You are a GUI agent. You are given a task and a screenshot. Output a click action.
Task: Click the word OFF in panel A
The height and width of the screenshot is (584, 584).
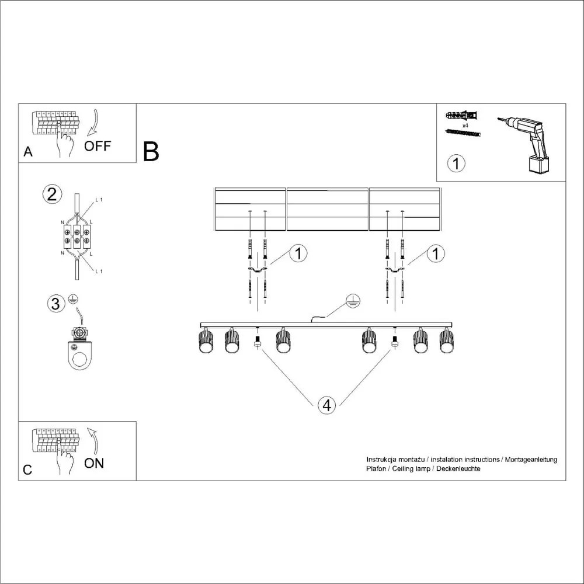(x=97, y=146)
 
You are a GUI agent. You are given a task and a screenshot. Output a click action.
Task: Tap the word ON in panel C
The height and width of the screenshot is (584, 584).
(x=94, y=463)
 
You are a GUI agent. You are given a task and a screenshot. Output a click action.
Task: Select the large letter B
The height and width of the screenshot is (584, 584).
(x=151, y=152)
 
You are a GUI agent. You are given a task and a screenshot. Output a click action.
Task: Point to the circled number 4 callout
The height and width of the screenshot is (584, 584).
(x=327, y=405)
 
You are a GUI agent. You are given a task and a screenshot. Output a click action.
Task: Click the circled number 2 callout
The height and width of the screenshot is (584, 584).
(x=52, y=194)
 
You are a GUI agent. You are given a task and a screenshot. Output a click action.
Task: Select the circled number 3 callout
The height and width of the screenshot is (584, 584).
(x=55, y=304)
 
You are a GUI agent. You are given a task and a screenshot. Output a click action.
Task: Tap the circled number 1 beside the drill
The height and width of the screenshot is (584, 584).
(x=456, y=163)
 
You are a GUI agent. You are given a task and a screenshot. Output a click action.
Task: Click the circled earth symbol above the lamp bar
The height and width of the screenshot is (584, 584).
(x=352, y=301)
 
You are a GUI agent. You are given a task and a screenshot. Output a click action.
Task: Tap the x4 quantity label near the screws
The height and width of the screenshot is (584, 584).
(x=466, y=126)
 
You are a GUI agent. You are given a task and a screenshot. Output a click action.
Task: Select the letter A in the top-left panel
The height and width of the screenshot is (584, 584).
(x=27, y=152)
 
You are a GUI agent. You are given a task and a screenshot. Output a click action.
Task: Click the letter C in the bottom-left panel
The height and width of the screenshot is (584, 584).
(x=27, y=470)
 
